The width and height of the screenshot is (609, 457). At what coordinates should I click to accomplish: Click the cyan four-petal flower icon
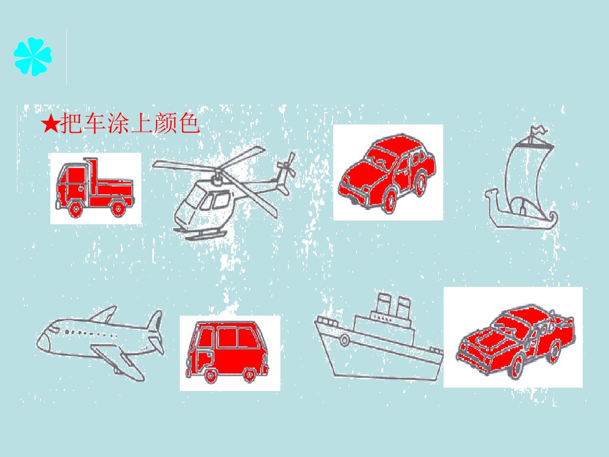[x=33, y=57]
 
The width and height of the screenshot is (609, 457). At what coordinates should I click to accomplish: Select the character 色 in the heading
[x=189, y=123]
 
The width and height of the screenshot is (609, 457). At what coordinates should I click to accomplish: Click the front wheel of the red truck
[x=75, y=208]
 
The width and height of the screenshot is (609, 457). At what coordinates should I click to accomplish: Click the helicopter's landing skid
[x=201, y=234]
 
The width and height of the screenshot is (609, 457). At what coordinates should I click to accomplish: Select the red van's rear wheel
[x=249, y=375]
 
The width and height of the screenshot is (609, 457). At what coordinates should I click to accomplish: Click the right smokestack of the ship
[x=403, y=308]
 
